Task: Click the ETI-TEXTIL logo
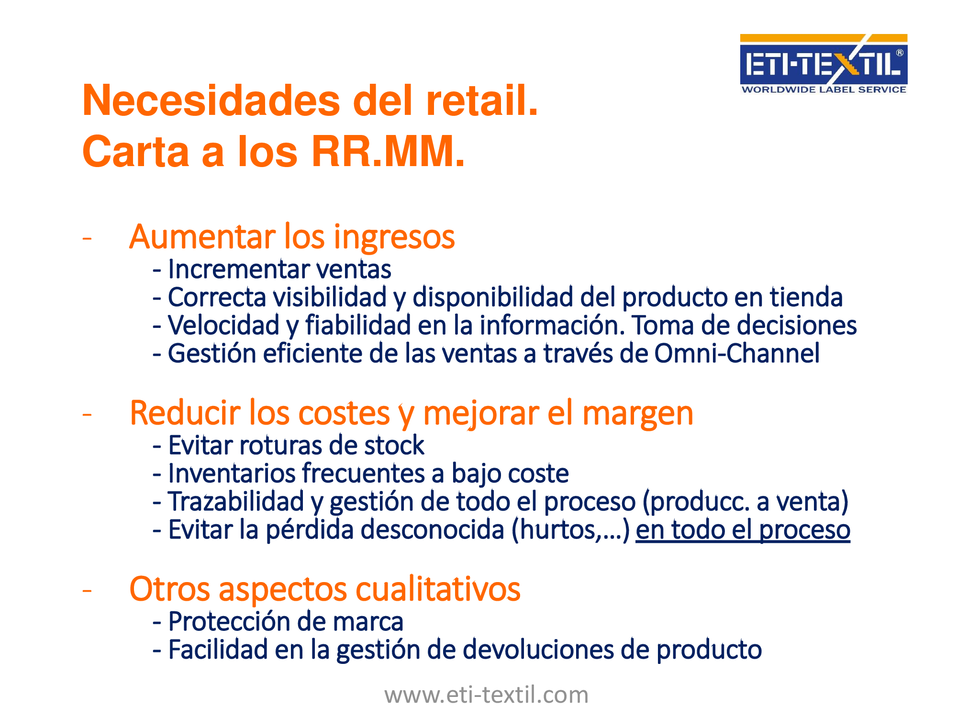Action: point(823,64)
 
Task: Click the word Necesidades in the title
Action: point(211,101)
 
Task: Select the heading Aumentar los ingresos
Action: point(292,237)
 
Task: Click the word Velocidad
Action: point(223,325)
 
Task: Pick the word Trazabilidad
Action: point(236,502)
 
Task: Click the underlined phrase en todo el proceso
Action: point(743,530)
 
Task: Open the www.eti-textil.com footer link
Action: point(486,695)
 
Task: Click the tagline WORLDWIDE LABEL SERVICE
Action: point(823,90)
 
